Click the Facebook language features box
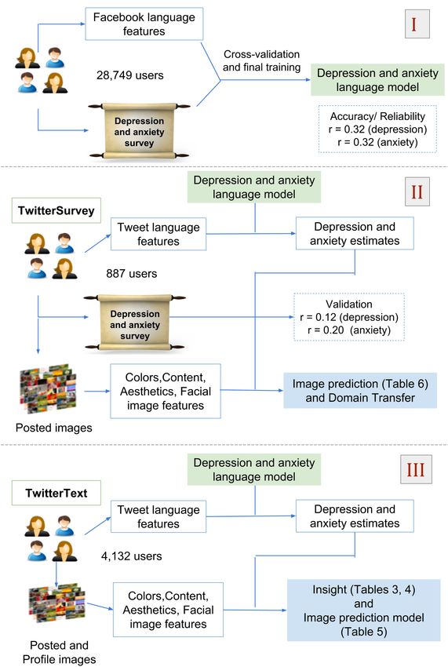click(x=144, y=24)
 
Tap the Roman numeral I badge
click(x=417, y=24)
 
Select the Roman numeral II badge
click(x=417, y=191)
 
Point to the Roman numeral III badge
click(x=416, y=469)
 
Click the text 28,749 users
click(x=130, y=75)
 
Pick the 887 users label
click(x=132, y=274)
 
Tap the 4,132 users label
click(x=132, y=556)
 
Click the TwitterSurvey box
click(x=56, y=210)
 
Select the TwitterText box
click(x=56, y=493)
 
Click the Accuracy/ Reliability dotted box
click(x=378, y=129)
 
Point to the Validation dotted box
click(x=349, y=317)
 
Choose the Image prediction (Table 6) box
click(x=360, y=391)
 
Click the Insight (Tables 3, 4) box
click(x=364, y=610)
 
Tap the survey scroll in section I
click(x=139, y=132)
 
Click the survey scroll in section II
click(x=135, y=324)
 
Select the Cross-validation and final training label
click(x=261, y=60)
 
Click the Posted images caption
click(x=54, y=428)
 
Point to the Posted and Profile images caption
click(x=59, y=652)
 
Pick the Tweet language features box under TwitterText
click(x=158, y=516)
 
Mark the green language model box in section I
click(x=378, y=80)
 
